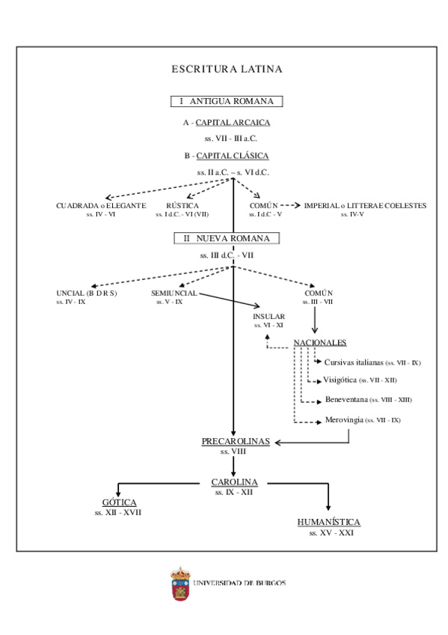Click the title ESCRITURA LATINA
[x=227, y=70]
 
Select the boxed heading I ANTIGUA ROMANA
[x=226, y=101]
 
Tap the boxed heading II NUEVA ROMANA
[x=227, y=238]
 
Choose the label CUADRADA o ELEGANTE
[x=100, y=205]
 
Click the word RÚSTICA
[x=182, y=205]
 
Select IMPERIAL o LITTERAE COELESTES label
[x=364, y=205]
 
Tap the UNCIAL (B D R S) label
[x=87, y=293]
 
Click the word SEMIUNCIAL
[x=174, y=293]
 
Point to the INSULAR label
[x=269, y=317]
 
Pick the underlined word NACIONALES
[x=319, y=342]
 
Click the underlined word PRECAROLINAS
[x=235, y=443]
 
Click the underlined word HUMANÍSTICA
[x=329, y=522]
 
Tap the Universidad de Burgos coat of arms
[x=179, y=583]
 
